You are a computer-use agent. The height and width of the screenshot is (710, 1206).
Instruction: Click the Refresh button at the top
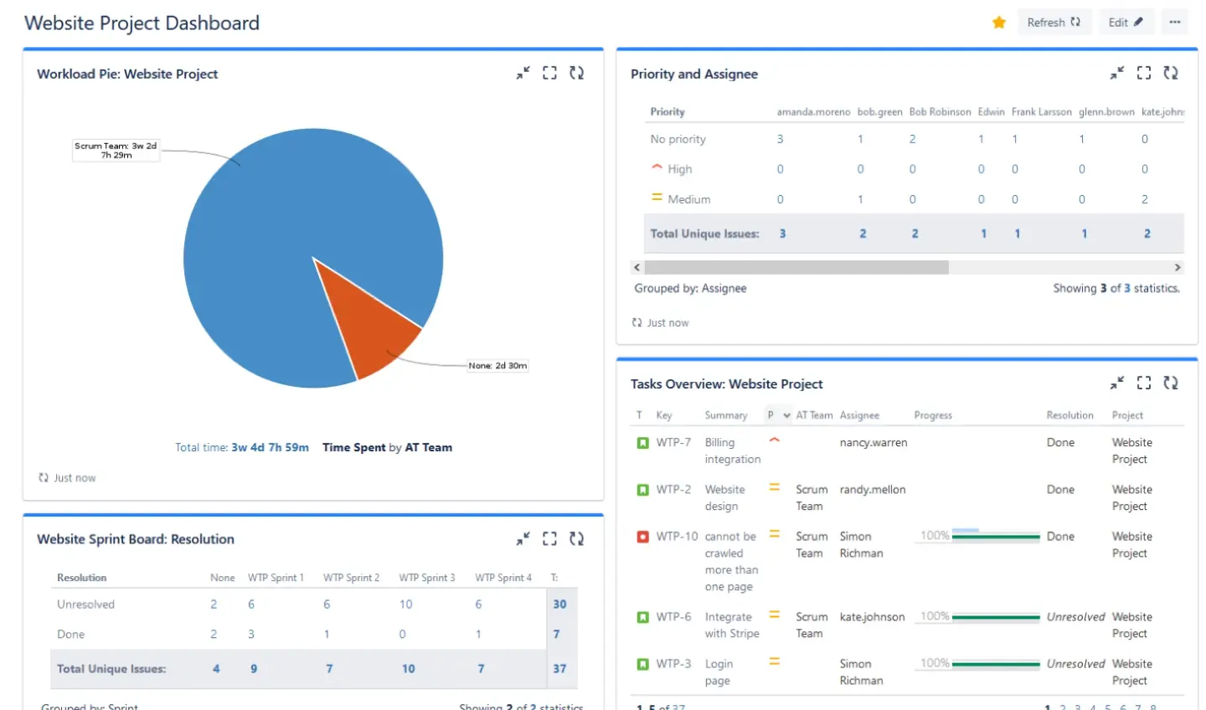click(x=1053, y=23)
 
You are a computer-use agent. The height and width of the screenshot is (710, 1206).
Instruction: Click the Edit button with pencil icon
click(x=1125, y=23)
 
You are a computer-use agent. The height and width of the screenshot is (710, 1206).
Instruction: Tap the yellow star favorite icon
click(x=998, y=23)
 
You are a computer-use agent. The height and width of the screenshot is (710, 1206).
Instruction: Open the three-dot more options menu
click(x=1175, y=23)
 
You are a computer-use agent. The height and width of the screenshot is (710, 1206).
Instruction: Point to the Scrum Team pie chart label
click(x=116, y=150)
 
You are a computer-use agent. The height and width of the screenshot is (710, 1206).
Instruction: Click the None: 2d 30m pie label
click(x=497, y=366)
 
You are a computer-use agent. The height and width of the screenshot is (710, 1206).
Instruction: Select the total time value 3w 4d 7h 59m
click(x=270, y=448)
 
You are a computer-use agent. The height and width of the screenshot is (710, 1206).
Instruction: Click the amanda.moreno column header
click(x=812, y=112)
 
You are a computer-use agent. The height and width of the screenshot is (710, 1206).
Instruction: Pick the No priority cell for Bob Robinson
click(x=912, y=139)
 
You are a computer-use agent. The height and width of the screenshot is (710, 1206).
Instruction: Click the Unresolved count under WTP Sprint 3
click(x=405, y=605)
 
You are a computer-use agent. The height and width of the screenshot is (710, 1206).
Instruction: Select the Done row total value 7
click(x=556, y=635)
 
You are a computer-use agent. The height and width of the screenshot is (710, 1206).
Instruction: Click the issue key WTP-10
click(x=677, y=537)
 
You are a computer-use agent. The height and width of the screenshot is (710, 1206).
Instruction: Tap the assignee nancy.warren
click(x=873, y=443)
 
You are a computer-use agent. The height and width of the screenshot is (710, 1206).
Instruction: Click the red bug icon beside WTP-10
click(x=642, y=537)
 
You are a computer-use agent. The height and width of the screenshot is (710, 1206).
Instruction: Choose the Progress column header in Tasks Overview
click(x=933, y=415)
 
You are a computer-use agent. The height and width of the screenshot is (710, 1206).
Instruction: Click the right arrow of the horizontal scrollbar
click(x=1178, y=268)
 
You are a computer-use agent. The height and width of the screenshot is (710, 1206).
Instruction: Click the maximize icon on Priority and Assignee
click(x=1144, y=74)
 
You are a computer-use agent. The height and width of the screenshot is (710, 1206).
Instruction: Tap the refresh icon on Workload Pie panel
click(x=576, y=74)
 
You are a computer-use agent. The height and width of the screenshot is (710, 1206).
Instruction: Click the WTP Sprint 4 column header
click(x=502, y=578)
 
